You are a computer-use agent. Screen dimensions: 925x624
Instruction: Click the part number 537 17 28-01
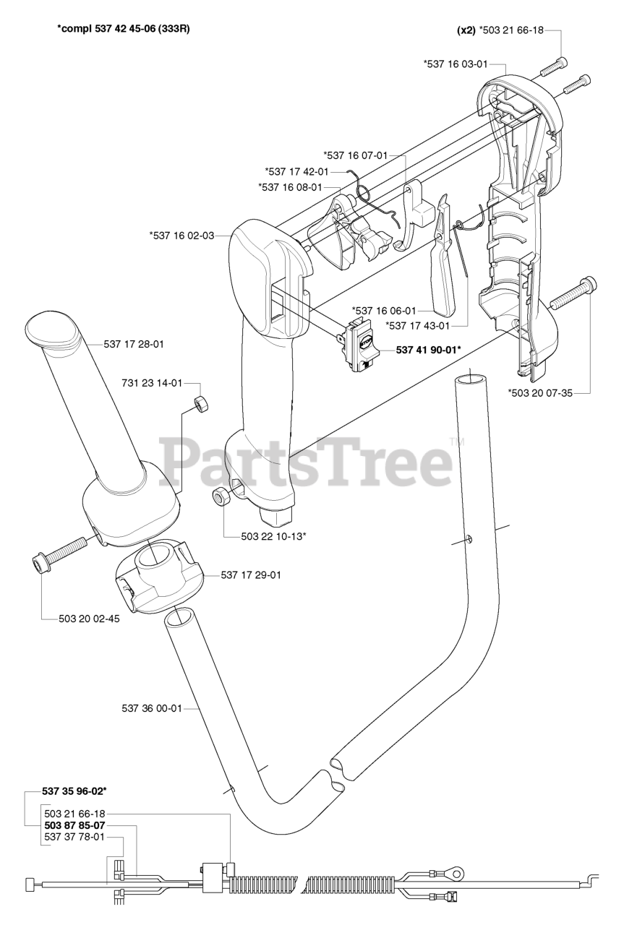click(134, 345)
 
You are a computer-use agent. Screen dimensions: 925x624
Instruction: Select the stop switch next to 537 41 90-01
click(359, 346)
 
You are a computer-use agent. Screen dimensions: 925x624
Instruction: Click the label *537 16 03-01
click(456, 64)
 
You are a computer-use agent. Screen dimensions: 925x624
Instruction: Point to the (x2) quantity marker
click(466, 31)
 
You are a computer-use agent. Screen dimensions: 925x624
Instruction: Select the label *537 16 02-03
click(181, 235)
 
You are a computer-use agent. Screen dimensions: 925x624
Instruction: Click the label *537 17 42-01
click(297, 171)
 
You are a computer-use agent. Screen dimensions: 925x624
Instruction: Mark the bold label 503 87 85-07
click(74, 825)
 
